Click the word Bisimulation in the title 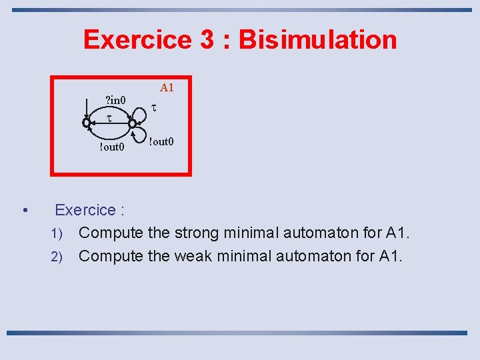click(318, 39)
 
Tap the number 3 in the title click(207, 39)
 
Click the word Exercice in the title click(137, 39)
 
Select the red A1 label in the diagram click(167, 87)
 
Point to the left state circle click(86, 123)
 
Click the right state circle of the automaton click(132, 123)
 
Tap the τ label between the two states click(109, 118)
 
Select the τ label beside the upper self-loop click(154, 107)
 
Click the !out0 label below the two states click(111, 147)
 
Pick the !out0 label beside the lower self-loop click(161, 141)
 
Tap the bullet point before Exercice click(25, 211)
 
